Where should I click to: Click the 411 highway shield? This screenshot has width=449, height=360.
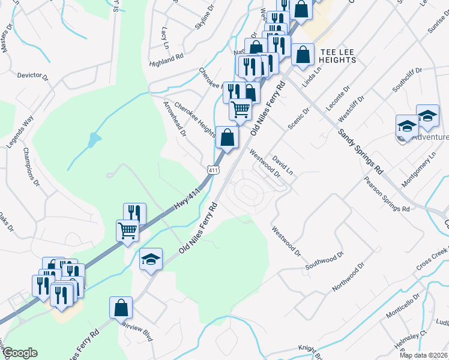click(x=214, y=171)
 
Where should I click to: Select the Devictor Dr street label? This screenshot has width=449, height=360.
click(x=32, y=76)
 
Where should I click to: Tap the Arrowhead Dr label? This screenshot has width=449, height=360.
click(x=175, y=118)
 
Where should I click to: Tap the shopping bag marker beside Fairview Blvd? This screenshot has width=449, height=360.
click(x=121, y=307)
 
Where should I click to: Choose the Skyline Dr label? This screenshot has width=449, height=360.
click(x=204, y=19)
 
